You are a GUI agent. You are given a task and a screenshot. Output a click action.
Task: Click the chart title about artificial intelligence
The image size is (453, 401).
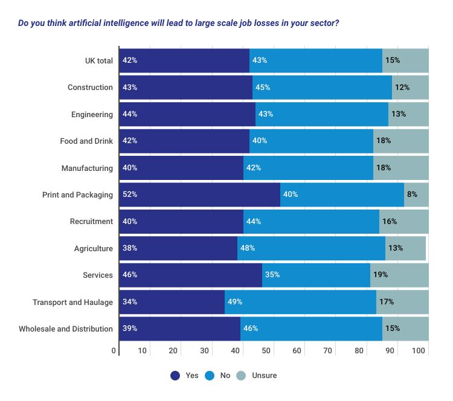click(178, 24)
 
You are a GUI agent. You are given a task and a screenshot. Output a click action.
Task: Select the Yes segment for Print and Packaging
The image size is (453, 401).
click(199, 194)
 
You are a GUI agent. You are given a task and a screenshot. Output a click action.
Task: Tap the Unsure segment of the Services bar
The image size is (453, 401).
click(399, 275)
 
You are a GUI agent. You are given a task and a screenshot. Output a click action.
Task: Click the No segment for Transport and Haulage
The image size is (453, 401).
click(300, 302)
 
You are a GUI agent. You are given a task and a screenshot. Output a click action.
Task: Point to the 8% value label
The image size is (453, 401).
click(413, 194)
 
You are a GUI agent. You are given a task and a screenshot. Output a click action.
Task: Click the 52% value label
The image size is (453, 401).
click(130, 194)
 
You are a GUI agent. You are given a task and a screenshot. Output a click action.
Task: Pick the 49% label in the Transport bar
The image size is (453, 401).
click(234, 302)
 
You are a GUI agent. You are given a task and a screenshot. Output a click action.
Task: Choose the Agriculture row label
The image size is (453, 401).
click(93, 248)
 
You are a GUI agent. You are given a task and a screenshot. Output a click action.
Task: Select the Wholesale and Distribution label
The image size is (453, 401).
click(66, 329)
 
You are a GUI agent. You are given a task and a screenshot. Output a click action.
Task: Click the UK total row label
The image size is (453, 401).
click(98, 60)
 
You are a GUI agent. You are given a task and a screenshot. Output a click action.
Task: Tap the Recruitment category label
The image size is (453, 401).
click(91, 222)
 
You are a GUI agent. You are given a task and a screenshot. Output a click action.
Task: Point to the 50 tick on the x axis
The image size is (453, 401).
click(266, 351)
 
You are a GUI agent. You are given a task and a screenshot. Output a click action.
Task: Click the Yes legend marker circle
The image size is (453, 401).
click(175, 376)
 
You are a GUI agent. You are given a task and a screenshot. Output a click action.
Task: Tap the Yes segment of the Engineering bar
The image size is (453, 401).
click(187, 114)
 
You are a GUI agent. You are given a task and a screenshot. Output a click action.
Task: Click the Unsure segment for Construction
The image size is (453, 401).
click(410, 87)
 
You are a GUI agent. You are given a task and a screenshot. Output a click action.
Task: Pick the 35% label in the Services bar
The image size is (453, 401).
click(272, 275)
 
